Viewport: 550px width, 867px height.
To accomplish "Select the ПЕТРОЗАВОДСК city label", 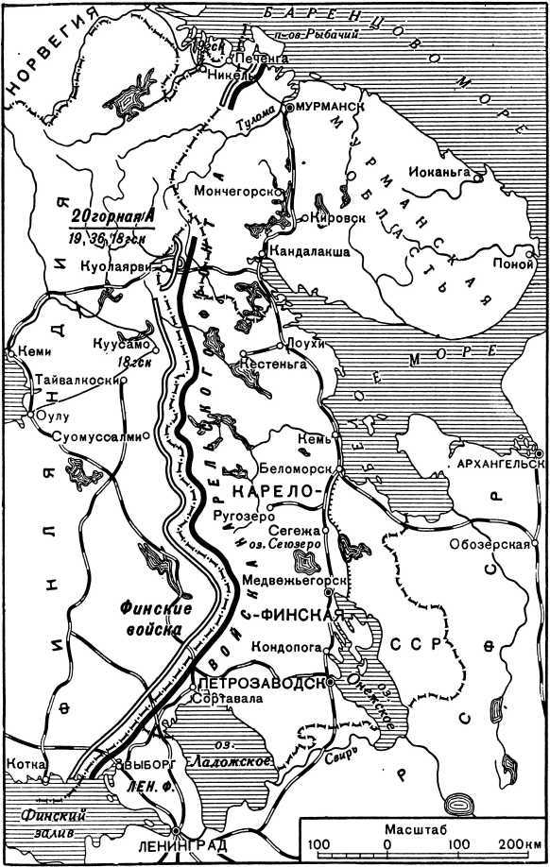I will (x=258, y=681).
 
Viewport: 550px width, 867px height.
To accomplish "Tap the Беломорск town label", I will (x=292, y=468).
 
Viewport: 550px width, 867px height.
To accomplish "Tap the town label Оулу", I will (x=52, y=415).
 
